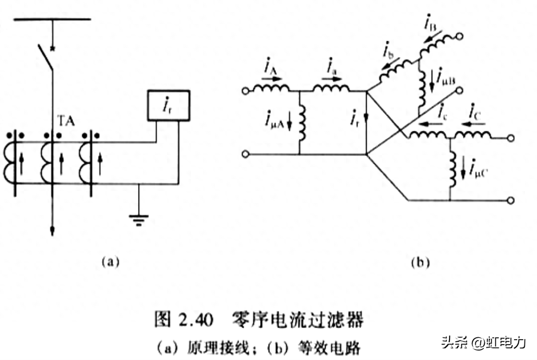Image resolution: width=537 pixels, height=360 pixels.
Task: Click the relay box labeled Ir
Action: click(169, 105)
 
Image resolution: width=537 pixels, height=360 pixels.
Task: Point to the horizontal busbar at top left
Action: click(52, 19)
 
